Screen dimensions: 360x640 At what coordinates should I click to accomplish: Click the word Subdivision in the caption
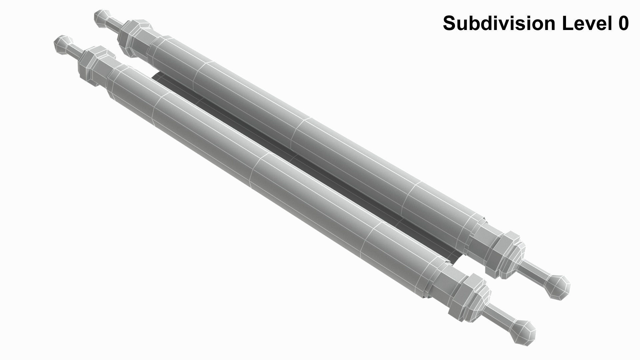click(x=499, y=23)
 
